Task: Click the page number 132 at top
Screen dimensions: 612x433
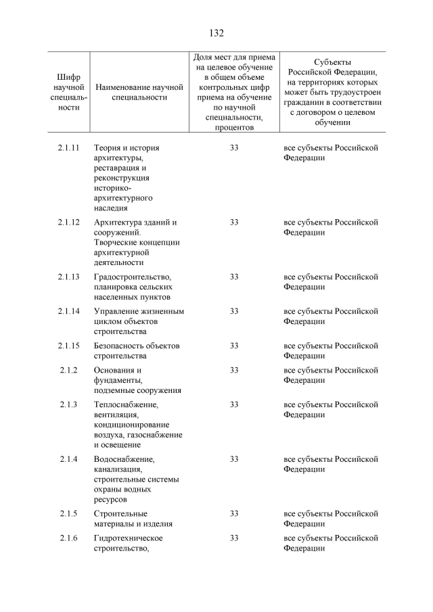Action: (x=216, y=32)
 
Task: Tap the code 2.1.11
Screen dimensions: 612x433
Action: (x=69, y=147)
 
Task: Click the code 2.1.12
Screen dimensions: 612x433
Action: (x=69, y=222)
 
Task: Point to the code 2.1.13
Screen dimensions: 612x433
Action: (x=69, y=277)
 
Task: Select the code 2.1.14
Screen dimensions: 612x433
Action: (x=69, y=311)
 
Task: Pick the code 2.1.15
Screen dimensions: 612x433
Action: (x=69, y=346)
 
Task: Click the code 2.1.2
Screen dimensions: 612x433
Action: (x=69, y=370)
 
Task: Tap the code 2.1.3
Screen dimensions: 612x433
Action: (x=69, y=404)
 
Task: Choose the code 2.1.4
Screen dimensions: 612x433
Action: (x=69, y=459)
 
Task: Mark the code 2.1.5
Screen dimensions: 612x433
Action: (x=69, y=513)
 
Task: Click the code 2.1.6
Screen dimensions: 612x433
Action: (x=69, y=538)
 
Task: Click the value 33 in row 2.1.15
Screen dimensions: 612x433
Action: (x=234, y=346)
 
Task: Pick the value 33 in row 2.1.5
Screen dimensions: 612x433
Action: (x=234, y=513)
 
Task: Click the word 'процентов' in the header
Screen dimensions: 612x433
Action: (x=233, y=126)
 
